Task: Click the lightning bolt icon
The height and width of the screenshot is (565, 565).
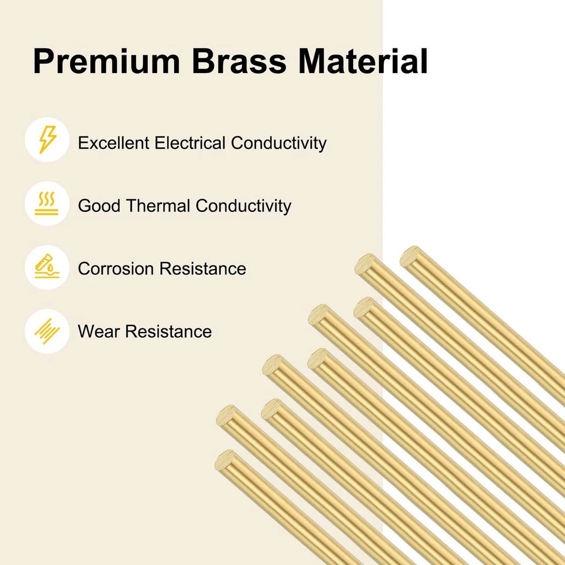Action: click(x=48, y=139)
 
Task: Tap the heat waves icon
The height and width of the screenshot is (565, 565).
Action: click(x=46, y=204)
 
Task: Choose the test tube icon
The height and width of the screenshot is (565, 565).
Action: click(x=47, y=267)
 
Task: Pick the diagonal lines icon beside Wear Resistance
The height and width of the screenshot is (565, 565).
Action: click(x=47, y=331)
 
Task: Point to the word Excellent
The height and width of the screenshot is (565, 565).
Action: click(x=114, y=142)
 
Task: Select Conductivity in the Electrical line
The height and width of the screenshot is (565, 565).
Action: click(x=278, y=143)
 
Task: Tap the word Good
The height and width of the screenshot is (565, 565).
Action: click(x=99, y=206)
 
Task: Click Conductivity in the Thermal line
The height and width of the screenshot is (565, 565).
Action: click(x=244, y=207)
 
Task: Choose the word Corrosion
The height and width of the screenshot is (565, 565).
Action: click(x=116, y=269)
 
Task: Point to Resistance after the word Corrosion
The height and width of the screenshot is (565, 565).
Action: click(x=203, y=269)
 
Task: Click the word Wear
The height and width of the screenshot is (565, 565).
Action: click(x=99, y=331)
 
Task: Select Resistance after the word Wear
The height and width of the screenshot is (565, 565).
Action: click(x=169, y=331)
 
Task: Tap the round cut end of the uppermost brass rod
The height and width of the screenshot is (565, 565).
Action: click(x=410, y=256)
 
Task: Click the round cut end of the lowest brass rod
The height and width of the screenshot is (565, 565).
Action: click(x=225, y=460)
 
